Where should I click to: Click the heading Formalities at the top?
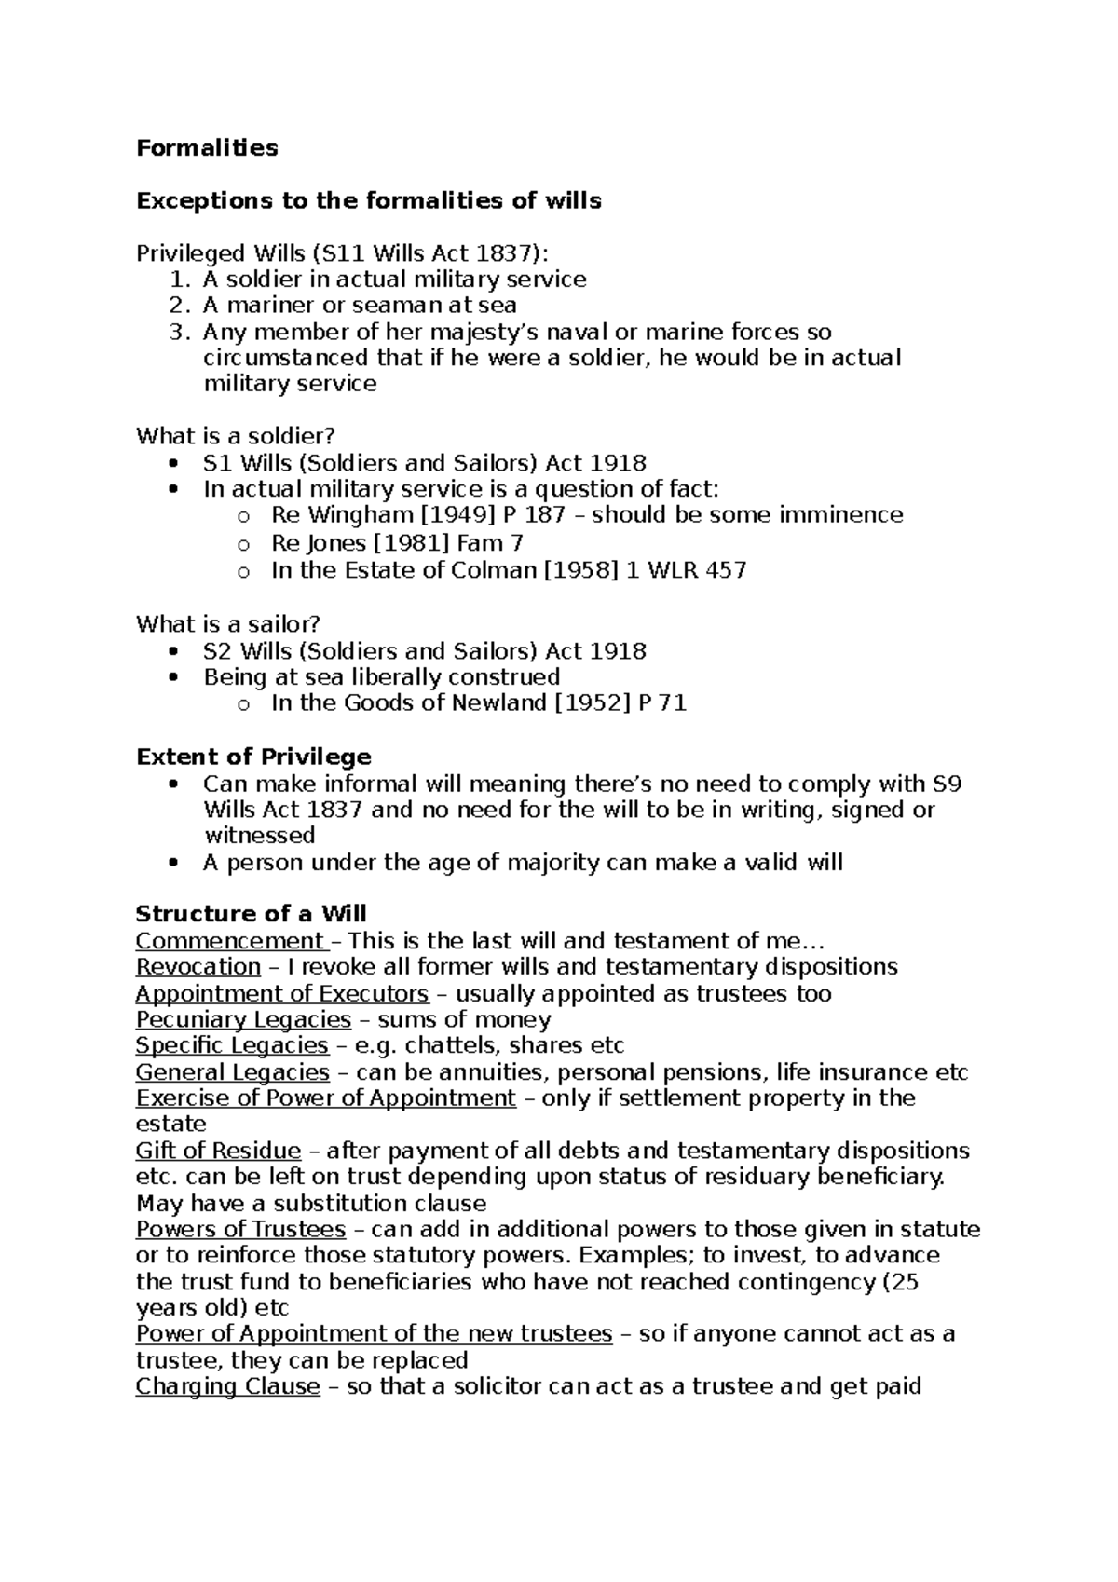(207, 148)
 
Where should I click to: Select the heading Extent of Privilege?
(253, 757)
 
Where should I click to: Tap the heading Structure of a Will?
(251, 913)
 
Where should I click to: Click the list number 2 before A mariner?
(179, 306)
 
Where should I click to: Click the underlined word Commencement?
(229, 941)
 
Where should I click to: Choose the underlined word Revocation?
(198, 967)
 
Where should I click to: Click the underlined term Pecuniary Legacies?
(243, 1020)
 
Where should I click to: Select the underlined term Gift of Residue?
(218, 1152)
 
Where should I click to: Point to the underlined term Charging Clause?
(227, 1386)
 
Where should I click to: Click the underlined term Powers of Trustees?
(240, 1230)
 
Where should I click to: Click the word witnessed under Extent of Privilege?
(259, 836)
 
